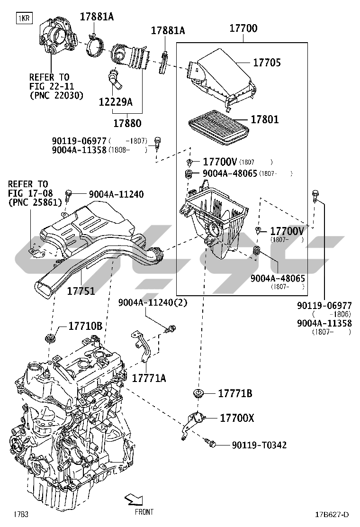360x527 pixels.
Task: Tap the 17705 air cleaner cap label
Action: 267,62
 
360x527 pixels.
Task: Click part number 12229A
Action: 116,102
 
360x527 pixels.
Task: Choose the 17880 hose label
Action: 127,123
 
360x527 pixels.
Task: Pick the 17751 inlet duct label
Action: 81,291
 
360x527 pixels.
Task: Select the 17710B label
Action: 85,326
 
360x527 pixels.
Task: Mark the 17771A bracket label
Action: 149,378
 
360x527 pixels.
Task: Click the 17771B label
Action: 235,393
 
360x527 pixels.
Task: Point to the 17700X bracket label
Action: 237,418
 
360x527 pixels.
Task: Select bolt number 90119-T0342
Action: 259,445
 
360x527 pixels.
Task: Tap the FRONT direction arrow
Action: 134,500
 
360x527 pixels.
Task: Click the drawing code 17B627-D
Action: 333,515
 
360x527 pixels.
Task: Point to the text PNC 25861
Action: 36,202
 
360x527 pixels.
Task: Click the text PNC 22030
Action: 56,95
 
